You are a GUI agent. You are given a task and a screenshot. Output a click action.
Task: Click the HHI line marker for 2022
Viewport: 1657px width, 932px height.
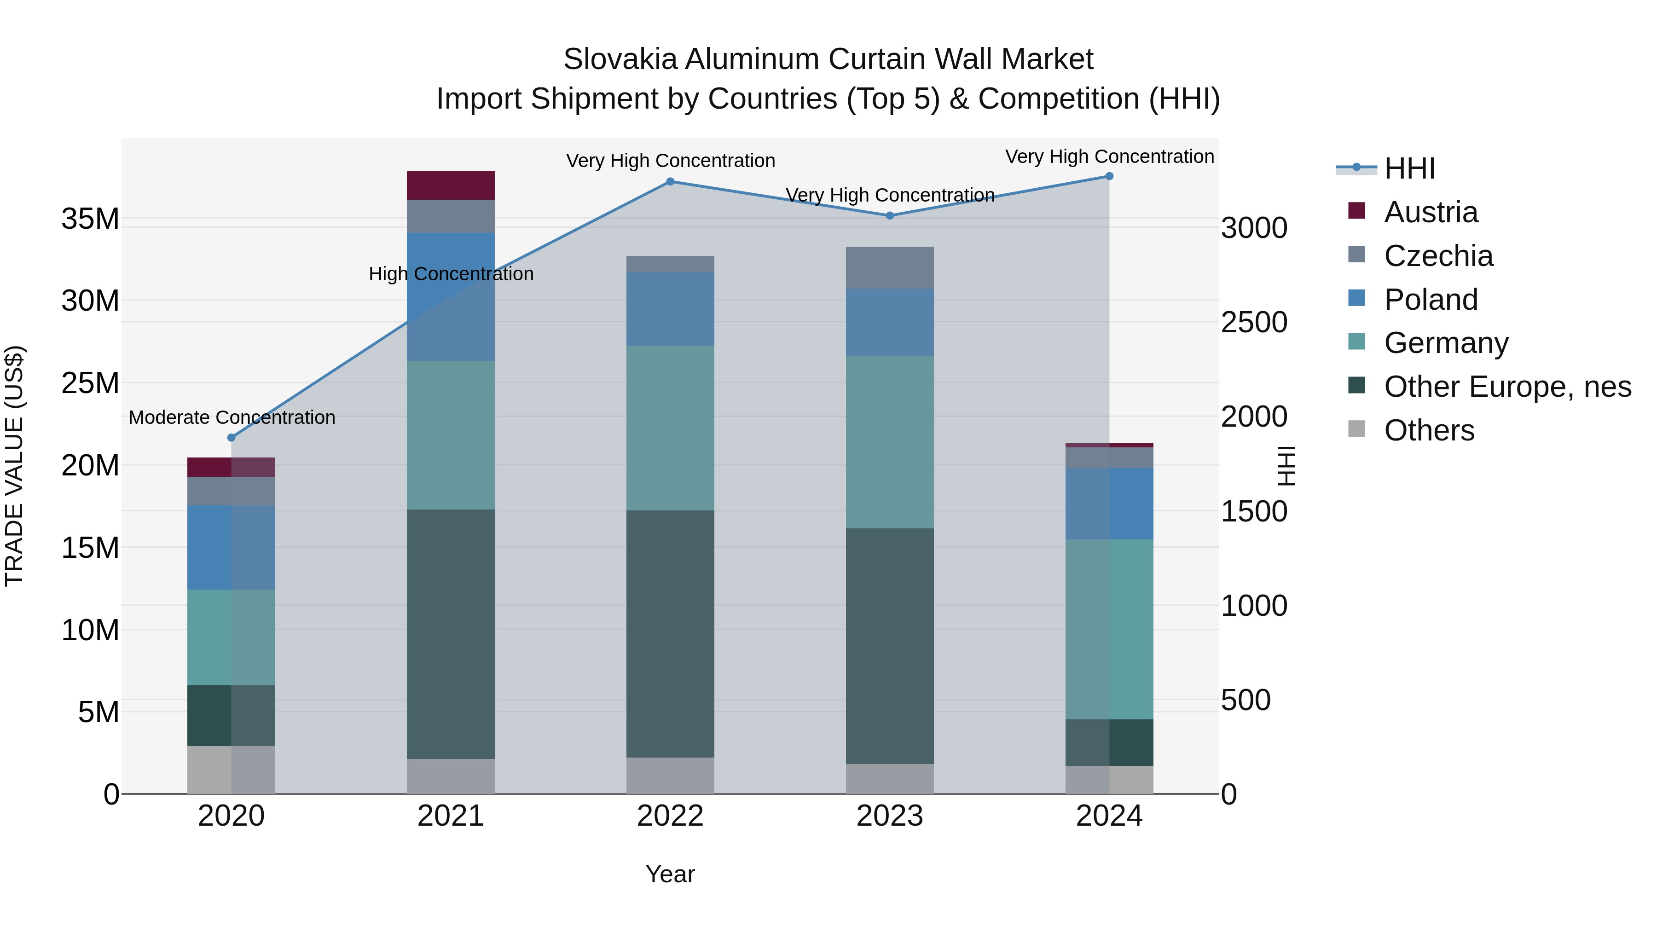(670, 181)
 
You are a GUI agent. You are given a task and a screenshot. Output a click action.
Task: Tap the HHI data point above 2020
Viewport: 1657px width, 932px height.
(232, 437)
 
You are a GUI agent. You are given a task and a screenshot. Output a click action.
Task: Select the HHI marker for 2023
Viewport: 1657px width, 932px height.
(890, 215)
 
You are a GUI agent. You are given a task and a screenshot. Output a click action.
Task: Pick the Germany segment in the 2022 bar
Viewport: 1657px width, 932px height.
(670, 428)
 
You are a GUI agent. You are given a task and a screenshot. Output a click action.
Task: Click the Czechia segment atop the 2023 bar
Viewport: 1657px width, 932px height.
(890, 267)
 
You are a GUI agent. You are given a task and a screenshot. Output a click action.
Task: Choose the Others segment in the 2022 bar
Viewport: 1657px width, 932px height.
(670, 775)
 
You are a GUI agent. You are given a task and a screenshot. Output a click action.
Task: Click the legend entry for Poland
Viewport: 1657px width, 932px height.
(1431, 300)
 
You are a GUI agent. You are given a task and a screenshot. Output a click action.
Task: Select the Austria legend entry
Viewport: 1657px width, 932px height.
(1431, 212)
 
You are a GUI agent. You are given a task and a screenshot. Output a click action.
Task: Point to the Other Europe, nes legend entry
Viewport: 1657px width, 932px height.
(1507, 387)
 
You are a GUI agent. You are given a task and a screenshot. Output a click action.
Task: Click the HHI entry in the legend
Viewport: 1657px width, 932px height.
(1409, 168)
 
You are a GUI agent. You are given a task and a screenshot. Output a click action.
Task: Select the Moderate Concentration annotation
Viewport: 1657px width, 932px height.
(232, 417)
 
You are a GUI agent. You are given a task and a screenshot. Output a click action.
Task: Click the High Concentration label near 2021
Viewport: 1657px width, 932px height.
(451, 274)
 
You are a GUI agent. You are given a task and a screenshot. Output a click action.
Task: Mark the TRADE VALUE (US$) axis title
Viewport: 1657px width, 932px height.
(14, 466)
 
